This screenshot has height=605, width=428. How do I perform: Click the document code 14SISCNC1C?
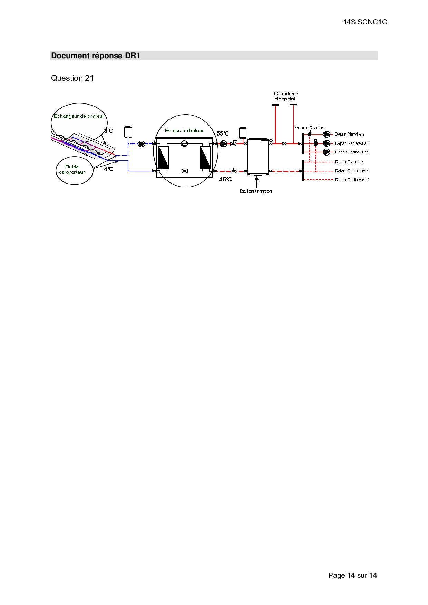point(365,22)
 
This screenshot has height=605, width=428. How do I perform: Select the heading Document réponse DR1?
point(96,56)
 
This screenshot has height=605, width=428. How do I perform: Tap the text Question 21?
point(72,78)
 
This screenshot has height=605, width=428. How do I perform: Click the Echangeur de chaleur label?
point(79,116)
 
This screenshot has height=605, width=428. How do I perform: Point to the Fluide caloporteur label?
point(72,169)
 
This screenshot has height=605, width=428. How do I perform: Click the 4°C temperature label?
point(108,169)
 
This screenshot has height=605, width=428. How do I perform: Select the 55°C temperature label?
point(222,133)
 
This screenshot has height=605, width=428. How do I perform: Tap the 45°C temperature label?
point(225,179)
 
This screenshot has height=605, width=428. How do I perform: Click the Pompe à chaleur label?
point(184,130)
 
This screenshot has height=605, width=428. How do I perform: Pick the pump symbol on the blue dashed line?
point(142,144)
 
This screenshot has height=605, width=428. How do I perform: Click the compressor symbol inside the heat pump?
point(184,143)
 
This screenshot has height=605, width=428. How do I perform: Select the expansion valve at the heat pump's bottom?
point(185,171)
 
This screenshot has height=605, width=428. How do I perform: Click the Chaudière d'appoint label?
point(285,96)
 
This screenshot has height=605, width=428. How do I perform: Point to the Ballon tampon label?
point(256,191)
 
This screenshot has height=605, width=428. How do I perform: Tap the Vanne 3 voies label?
point(309,128)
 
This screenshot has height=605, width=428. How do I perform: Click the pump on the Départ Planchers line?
point(327,134)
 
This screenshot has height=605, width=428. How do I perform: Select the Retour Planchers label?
point(350,162)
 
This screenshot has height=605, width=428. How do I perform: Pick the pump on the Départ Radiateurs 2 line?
point(327,152)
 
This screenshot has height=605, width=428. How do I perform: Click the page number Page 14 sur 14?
point(352,575)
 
